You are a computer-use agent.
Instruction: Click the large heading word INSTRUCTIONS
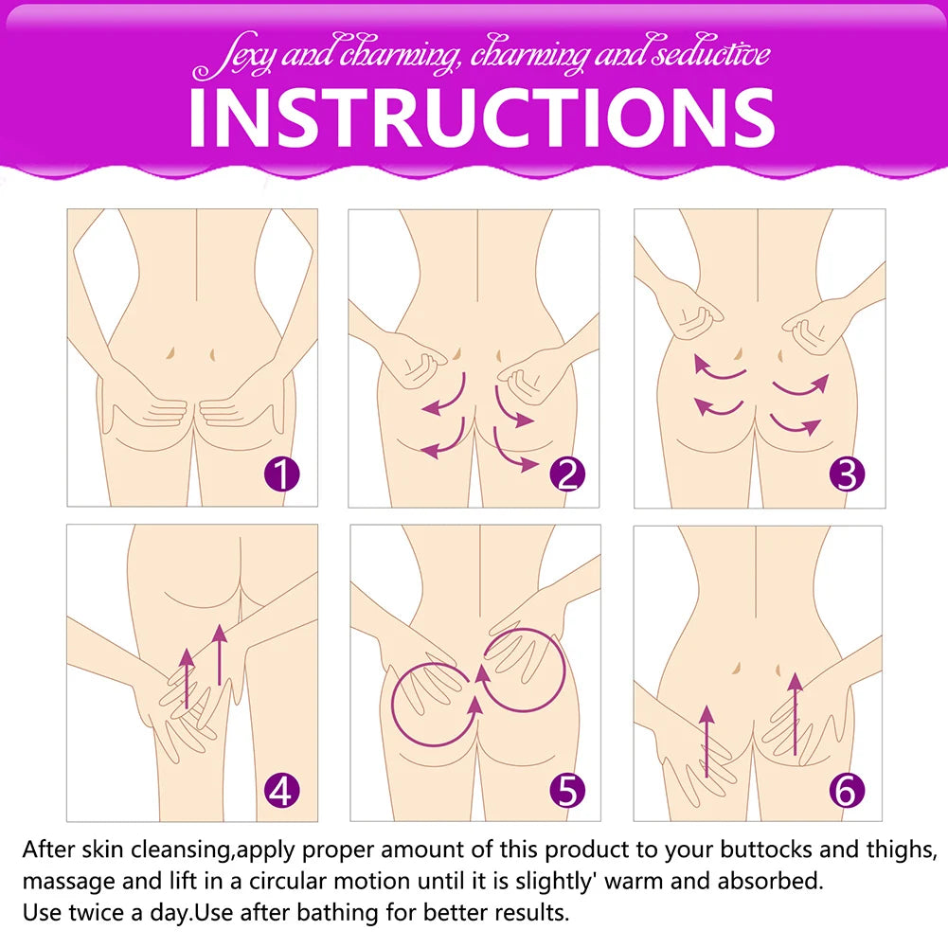tap(481, 117)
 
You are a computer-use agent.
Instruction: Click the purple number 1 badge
tap(282, 474)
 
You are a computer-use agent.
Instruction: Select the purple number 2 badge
tap(567, 474)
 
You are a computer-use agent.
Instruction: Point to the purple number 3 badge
tap(847, 474)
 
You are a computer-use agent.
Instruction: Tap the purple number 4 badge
tap(281, 790)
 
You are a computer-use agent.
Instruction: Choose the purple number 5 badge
tap(567, 790)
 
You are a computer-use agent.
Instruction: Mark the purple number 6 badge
tap(846, 790)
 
